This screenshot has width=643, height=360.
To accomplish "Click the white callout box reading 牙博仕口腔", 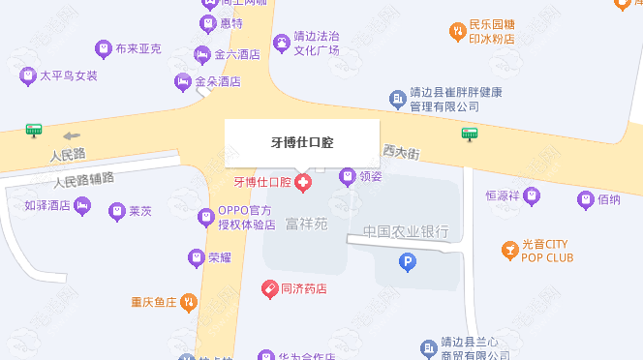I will [x=301, y=142].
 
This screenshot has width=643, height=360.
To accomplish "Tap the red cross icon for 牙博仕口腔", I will [x=303, y=182].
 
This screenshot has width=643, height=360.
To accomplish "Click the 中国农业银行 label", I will [x=406, y=231].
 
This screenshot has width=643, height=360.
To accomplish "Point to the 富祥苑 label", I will [x=307, y=224].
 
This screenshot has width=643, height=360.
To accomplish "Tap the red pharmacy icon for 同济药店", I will [x=270, y=288].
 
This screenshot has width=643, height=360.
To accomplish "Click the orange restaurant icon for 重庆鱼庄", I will [x=189, y=302].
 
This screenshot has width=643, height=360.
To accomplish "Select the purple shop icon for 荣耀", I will [x=197, y=257].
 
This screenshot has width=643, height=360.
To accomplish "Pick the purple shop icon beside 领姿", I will [x=348, y=176].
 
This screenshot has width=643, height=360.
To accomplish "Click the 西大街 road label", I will [x=400, y=153].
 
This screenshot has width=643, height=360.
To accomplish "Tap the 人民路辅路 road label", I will [x=84, y=179].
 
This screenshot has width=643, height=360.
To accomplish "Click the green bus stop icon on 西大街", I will [x=470, y=134].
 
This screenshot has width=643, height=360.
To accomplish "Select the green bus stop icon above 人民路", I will [x=35, y=129].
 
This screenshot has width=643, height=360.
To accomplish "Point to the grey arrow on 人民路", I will [x=73, y=135].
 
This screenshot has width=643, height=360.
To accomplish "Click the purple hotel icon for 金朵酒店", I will [x=182, y=82].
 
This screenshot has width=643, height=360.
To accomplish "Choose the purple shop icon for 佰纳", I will [x=585, y=200].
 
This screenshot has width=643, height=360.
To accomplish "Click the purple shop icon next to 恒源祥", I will [x=531, y=196].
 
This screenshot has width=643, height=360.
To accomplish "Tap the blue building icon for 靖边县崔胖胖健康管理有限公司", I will [x=397, y=99].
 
